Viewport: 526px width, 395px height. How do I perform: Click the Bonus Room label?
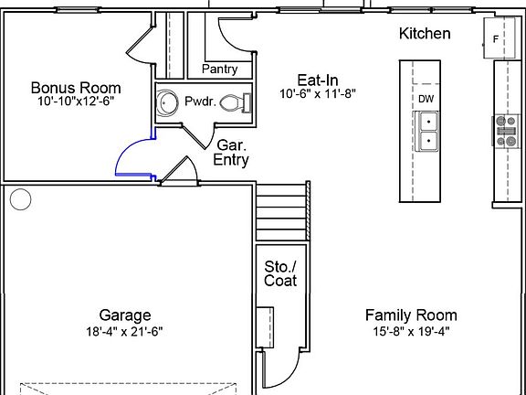[76, 88]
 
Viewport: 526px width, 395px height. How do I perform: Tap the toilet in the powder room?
[236, 102]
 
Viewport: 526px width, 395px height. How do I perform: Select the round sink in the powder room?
[167, 102]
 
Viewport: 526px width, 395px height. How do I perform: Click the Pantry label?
[220, 69]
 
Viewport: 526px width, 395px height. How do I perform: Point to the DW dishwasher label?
[426, 99]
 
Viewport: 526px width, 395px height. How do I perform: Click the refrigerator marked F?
[500, 38]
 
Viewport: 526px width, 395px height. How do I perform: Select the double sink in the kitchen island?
[426, 131]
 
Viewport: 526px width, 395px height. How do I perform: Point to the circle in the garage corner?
[20, 199]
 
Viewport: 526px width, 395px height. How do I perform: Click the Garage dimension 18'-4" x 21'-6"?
[124, 332]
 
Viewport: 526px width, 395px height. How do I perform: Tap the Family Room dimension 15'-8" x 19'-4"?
[411, 332]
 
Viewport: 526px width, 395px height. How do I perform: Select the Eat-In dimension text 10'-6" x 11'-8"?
[318, 93]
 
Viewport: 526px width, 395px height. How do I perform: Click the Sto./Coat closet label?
[280, 273]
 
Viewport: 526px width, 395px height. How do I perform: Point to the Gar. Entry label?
[231, 152]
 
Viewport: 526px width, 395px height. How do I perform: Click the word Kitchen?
[425, 34]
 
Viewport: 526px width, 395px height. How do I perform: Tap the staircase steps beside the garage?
[282, 210]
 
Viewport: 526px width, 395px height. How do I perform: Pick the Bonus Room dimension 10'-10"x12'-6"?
[74, 101]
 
